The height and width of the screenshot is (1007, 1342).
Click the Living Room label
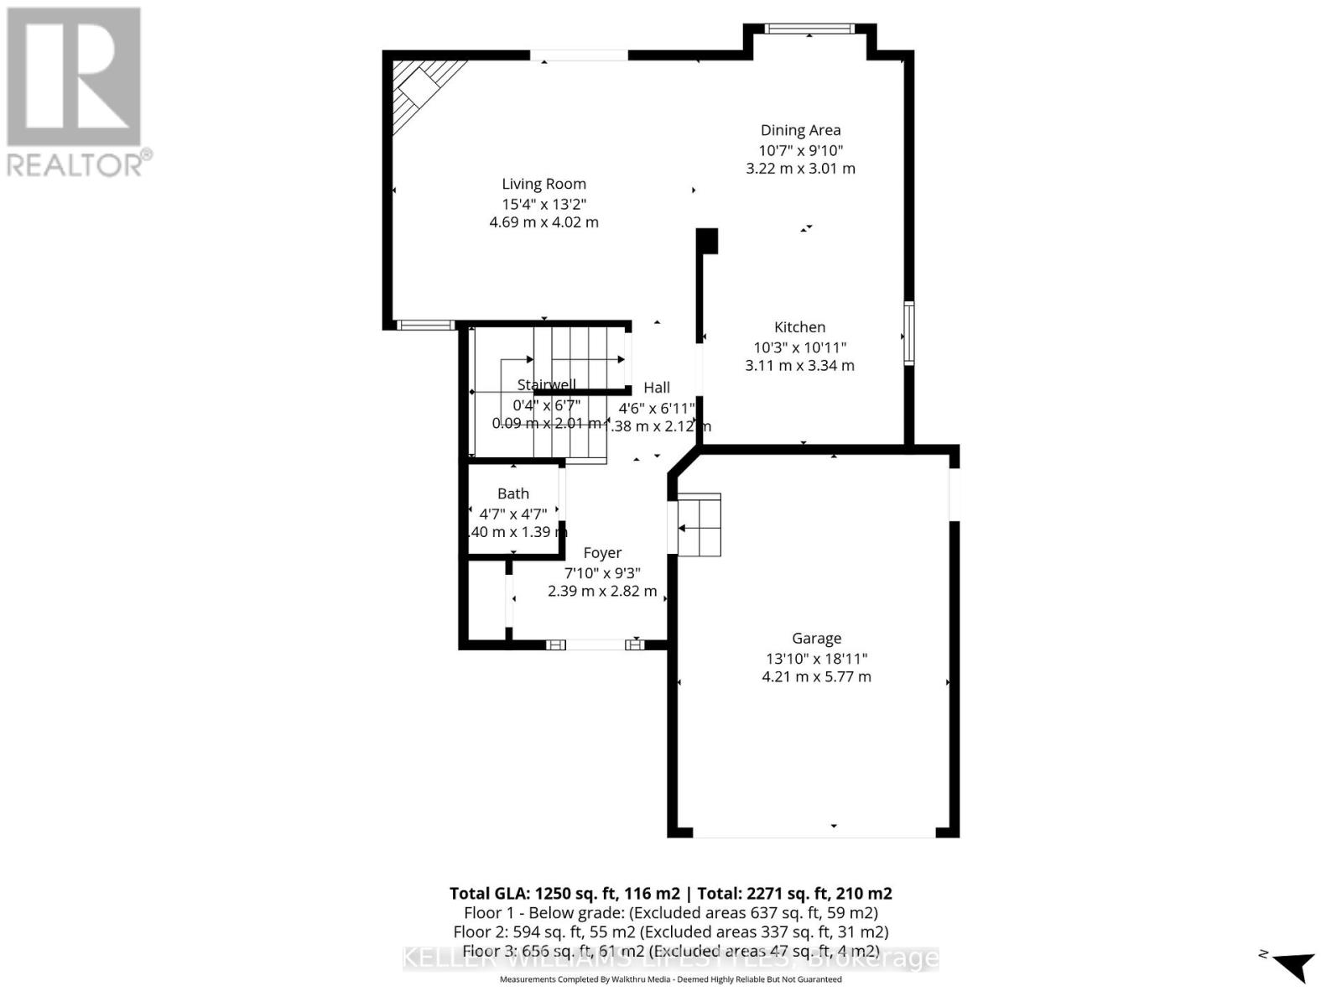[x=544, y=184]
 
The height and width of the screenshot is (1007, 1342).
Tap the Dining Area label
[x=800, y=130]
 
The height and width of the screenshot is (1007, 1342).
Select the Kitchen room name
[x=799, y=327]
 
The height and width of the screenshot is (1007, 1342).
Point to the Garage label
[x=816, y=639]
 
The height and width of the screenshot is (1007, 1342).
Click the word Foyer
[x=602, y=553]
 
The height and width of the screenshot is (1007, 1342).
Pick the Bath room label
[x=513, y=494]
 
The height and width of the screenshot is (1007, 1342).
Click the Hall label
[x=657, y=388]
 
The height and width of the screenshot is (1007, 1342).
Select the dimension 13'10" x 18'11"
[x=816, y=659]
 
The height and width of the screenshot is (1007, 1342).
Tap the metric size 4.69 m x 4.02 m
[x=544, y=222]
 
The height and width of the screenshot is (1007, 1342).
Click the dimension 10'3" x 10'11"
[x=799, y=347]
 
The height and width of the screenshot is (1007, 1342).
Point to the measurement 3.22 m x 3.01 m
[x=800, y=169]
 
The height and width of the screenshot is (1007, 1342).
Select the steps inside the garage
[x=700, y=525]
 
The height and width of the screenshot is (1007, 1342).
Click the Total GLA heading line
[x=670, y=894]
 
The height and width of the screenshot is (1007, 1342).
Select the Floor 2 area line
[x=670, y=931]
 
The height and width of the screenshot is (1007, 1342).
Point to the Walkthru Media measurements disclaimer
[x=670, y=979]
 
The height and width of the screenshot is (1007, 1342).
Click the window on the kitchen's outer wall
[x=908, y=332]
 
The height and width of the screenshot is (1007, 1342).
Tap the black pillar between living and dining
[x=707, y=241]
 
